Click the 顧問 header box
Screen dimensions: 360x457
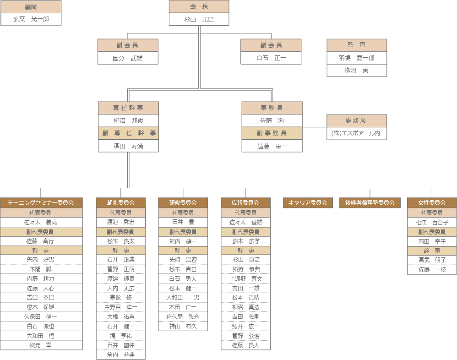tap(31, 7)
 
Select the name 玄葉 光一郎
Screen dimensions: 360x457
tap(31, 19)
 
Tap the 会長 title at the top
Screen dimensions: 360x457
tap(199, 6)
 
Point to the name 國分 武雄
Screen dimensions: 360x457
tap(128, 58)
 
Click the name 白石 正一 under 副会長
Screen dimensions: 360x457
tap(271, 58)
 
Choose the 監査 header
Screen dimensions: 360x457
tap(357, 45)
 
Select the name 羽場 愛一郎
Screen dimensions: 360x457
tap(357, 58)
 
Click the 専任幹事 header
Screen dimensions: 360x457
tap(129, 108)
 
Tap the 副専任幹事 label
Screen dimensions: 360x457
tap(129, 133)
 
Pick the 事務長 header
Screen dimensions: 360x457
tap(272, 108)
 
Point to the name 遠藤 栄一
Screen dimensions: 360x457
tap(272, 146)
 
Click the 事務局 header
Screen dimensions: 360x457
tap(357, 120)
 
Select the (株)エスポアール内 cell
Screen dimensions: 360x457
tap(357, 133)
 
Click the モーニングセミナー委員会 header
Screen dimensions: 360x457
tap(42, 202)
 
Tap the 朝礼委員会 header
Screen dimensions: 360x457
tap(121, 202)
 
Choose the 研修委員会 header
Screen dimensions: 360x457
tap(183, 202)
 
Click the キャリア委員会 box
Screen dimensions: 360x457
tap(308, 202)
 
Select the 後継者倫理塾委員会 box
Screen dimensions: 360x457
tap(370, 202)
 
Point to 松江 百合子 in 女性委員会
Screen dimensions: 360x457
tap(432, 222)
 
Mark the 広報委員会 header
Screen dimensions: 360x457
tap(245, 202)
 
